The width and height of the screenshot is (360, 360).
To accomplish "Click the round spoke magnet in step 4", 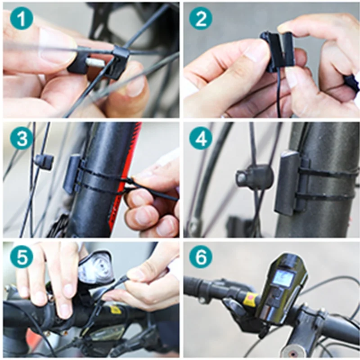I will click(253, 177).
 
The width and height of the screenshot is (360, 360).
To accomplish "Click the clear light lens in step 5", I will click(96, 268).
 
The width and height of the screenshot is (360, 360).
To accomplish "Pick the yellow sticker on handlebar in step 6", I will click(250, 298).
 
